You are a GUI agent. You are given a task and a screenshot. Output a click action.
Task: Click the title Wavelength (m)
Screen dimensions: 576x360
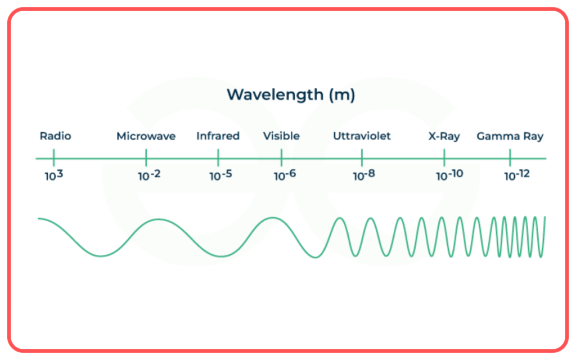291,95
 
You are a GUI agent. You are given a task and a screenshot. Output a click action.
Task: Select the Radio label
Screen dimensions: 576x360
56,136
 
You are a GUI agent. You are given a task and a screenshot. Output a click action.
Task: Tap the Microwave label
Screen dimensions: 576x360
146,136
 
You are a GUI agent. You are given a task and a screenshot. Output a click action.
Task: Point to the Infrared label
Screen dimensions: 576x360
218,136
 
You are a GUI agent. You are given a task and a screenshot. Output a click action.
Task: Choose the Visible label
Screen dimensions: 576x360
281,136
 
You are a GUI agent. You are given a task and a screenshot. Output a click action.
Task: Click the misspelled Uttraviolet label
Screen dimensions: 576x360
362,136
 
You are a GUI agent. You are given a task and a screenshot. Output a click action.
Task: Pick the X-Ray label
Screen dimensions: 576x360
444,136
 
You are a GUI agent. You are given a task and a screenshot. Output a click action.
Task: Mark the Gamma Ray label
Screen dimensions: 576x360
510,136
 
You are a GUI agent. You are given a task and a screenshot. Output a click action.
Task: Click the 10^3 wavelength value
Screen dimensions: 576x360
54,175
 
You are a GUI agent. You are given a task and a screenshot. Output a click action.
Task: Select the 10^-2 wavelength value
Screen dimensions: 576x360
150,175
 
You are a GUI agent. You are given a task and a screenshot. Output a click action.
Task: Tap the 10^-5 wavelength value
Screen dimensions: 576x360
220,175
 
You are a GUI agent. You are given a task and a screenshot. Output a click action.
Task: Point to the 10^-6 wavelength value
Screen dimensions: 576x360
285,175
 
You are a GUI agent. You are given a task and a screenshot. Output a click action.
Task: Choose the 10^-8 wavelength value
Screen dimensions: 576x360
364,175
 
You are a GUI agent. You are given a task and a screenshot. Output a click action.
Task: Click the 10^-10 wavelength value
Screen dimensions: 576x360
449,175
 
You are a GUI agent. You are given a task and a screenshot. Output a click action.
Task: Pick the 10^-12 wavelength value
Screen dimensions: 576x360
517,175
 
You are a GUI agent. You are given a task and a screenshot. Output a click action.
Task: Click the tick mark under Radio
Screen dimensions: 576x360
54,157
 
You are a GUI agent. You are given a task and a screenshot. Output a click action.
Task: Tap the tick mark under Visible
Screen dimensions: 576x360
281,157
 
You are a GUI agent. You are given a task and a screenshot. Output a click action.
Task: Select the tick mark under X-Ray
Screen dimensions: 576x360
444,157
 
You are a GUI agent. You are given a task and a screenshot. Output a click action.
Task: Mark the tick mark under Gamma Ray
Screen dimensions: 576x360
510,157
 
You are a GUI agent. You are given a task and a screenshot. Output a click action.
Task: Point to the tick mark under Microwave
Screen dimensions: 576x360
146,157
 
